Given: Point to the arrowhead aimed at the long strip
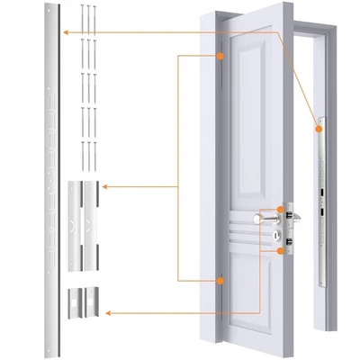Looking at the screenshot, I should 64,32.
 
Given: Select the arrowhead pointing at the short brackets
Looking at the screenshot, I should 106,313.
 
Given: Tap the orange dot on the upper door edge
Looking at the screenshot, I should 219,57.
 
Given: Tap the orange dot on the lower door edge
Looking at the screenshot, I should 219,282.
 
